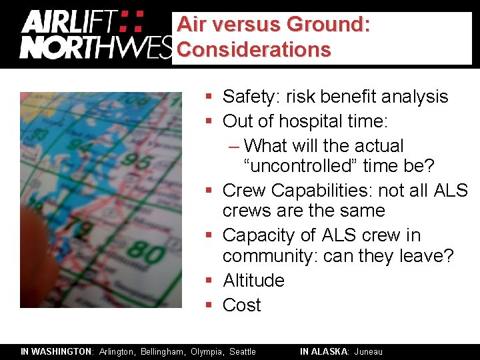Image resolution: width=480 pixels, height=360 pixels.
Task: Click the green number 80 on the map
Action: click(142, 253)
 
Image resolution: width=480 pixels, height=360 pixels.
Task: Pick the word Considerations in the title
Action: click(254, 49)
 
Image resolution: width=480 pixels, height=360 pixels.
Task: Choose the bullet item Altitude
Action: click(253, 280)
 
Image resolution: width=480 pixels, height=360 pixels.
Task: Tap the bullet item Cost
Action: click(241, 305)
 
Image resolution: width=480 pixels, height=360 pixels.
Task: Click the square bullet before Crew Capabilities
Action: click(209, 191)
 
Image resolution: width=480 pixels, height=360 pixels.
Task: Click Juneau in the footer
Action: click(369, 351)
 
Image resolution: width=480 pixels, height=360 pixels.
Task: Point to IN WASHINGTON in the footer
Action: click(57, 351)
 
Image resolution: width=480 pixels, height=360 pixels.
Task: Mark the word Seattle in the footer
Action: click(243, 351)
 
